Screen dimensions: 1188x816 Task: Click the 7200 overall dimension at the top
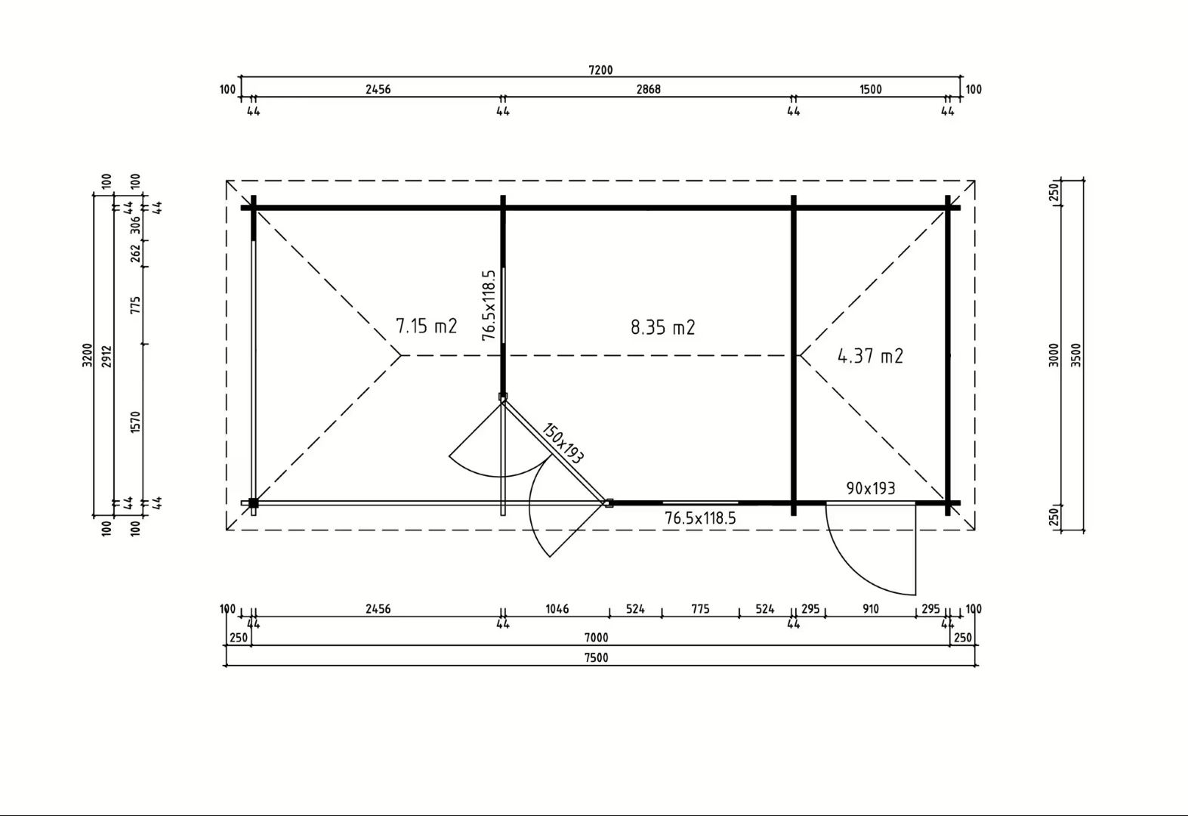click(x=600, y=70)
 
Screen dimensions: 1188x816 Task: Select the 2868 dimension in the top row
click(x=648, y=89)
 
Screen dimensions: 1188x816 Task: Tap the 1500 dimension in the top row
click(x=870, y=89)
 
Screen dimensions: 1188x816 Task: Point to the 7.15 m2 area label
click(x=427, y=326)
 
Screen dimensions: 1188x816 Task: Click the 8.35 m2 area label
click(x=662, y=327)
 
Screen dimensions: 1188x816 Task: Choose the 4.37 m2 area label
click(x=870, y=356)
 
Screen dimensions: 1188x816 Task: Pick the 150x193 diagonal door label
click(x=563, y=444)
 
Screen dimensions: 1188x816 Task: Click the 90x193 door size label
click(x=870, y=488)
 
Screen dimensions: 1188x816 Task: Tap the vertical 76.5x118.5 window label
click(x=489, y=305)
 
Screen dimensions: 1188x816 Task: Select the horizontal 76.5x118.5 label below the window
click(x=700, y=518)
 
